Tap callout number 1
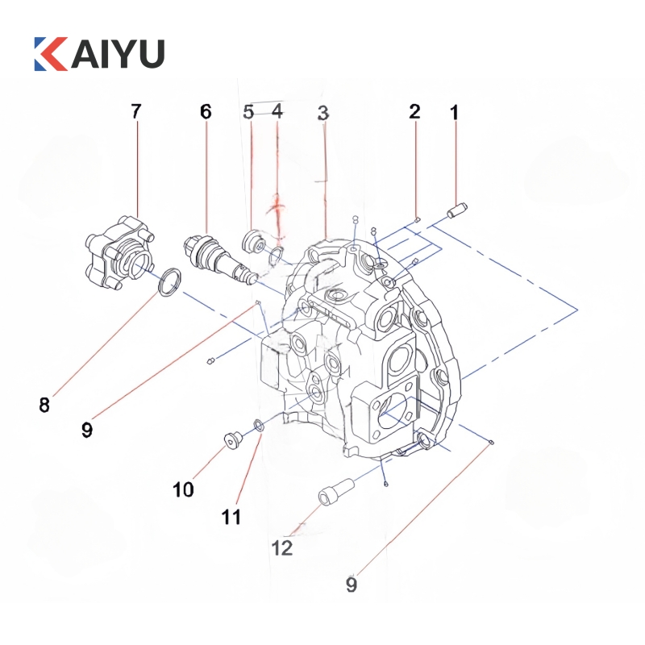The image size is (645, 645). [x=454, y=113]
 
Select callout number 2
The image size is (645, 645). [x=414, y=111]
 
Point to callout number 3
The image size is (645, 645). [x=323, y=114]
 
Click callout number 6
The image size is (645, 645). [x=206, y=112]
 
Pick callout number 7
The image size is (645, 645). [x=135, y=111]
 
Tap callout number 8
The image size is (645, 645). [x=44, y=404]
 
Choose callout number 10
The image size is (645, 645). [x=183, y=489]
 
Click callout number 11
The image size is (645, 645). [x=231, y=516]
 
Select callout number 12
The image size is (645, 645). [x=281, y=548]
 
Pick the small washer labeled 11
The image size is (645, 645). [x=258, y=425]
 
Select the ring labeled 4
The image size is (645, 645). [x=275, y=257]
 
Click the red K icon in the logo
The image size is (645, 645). [x=50, y=52]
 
